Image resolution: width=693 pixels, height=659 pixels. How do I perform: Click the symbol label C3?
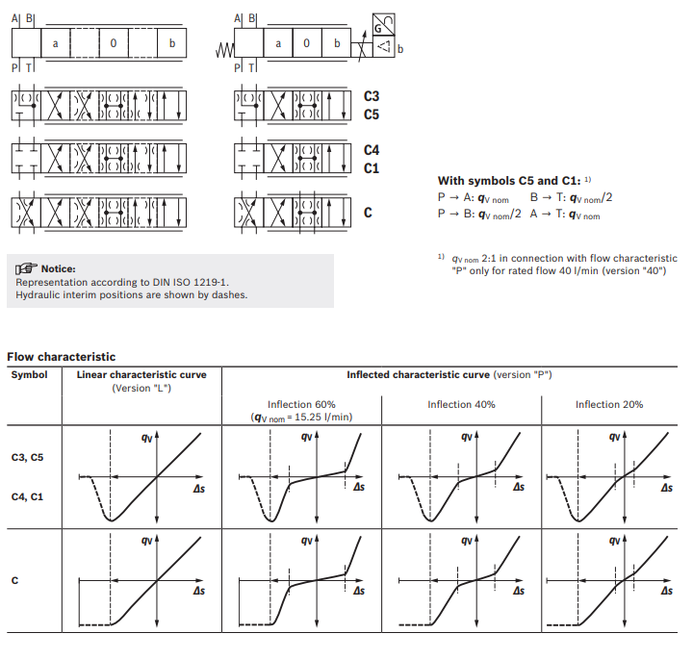tap(372, 96)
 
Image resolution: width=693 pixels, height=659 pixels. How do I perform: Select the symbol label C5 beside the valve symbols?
tap(372, 114)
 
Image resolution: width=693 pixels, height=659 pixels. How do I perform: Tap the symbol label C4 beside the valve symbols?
tap(372, 150)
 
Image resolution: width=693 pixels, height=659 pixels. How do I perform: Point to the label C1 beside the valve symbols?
tap(372, 168)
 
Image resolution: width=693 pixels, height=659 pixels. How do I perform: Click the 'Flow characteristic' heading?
tap(62, 357)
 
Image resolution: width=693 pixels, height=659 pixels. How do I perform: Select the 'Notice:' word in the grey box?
tap(58, 268)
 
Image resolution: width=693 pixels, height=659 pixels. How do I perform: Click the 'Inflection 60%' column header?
tap(301, 404)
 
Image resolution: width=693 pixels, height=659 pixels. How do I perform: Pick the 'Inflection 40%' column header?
tap(461, 404)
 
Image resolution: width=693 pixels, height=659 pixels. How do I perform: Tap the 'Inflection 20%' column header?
tap(609, 404)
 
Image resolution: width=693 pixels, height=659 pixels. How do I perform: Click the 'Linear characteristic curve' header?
tap(141, 374)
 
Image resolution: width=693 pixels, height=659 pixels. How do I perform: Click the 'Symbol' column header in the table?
tap(29, 374)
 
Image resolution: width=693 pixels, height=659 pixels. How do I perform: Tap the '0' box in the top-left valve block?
tap(114, 43)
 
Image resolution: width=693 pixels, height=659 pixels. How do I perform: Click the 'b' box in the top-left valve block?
tap(171, 43)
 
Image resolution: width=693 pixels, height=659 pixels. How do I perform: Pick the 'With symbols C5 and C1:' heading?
tap(510, 180)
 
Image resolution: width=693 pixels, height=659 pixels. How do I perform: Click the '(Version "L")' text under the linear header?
tap(141, 388)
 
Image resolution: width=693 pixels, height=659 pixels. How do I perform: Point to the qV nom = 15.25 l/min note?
tap(301, 417)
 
